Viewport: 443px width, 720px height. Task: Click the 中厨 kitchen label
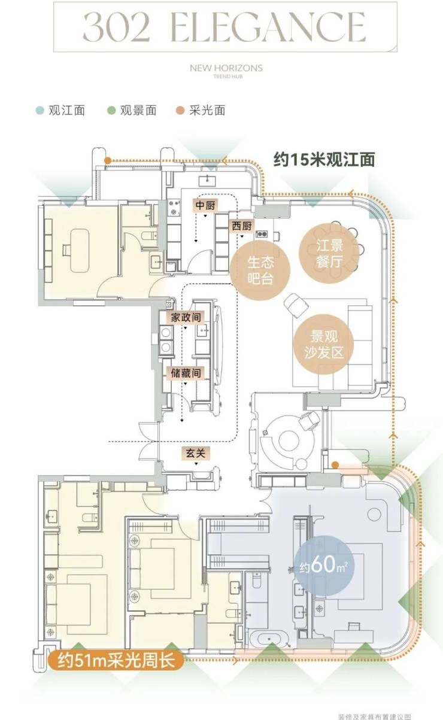coord(205,205)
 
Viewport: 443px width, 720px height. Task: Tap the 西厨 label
coord(242,226)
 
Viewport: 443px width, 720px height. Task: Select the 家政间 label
coord(186,318)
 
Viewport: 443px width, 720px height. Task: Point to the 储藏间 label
coord(186,373)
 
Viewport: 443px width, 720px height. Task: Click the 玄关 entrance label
coord(196,453)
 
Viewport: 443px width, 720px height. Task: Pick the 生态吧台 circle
coord(260,271)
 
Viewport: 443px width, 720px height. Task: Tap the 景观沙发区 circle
coord(324,344)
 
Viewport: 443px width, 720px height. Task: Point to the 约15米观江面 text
coord(324,159)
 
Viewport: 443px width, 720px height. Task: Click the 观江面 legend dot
coord(40,111)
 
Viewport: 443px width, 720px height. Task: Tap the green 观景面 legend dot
coord(111,111)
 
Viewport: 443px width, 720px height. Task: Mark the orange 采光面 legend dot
coord(180,111)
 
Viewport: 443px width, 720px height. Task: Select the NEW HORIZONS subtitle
coord(226,68)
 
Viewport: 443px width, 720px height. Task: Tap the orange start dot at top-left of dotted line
coord(108,160)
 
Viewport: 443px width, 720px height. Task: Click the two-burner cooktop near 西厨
coord(262,233)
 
